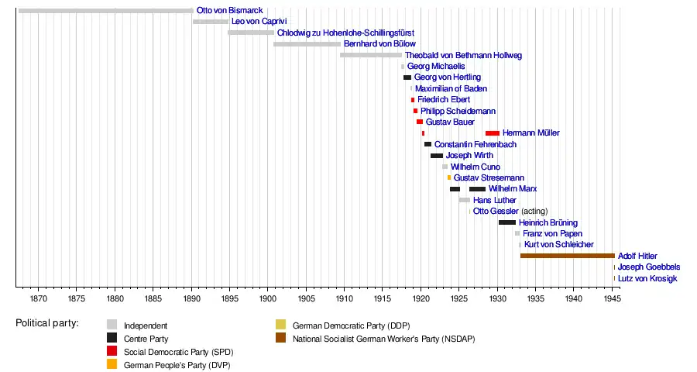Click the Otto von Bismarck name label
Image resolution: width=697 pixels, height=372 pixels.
click(229, 10)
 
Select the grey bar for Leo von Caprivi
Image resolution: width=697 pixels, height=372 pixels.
click(211, 22)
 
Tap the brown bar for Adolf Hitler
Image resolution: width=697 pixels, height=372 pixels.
click(567, 256)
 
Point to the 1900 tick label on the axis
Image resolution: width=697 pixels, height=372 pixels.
click(268, 298)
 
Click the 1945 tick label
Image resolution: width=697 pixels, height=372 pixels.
click(612, 298)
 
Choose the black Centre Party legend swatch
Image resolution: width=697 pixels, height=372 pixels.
click(112, 338)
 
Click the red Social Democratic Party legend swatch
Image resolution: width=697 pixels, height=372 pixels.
click(112, 351)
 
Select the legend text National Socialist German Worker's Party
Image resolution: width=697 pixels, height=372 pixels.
click(383, 339)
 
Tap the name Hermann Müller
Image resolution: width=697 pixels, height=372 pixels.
click(530, 133)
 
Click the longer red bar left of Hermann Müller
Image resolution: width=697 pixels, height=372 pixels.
click(493, 133)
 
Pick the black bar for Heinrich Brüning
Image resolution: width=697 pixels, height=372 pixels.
click(507, 222)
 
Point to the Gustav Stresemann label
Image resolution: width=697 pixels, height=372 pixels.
click(489, 178)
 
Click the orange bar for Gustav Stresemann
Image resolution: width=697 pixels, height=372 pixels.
click(449, 177)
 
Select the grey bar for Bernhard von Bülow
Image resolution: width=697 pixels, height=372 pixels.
click(307, 44)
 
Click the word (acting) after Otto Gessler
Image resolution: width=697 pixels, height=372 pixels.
click(534, 212)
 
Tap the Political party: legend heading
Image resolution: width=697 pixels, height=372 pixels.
click(47, 323)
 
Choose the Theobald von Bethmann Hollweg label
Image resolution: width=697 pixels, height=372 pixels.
click(463, 56)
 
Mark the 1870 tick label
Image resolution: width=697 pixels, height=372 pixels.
click(38, 298)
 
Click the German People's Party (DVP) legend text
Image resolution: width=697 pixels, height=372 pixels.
click(177, 365)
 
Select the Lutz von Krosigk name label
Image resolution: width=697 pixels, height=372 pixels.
click(647, 278)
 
